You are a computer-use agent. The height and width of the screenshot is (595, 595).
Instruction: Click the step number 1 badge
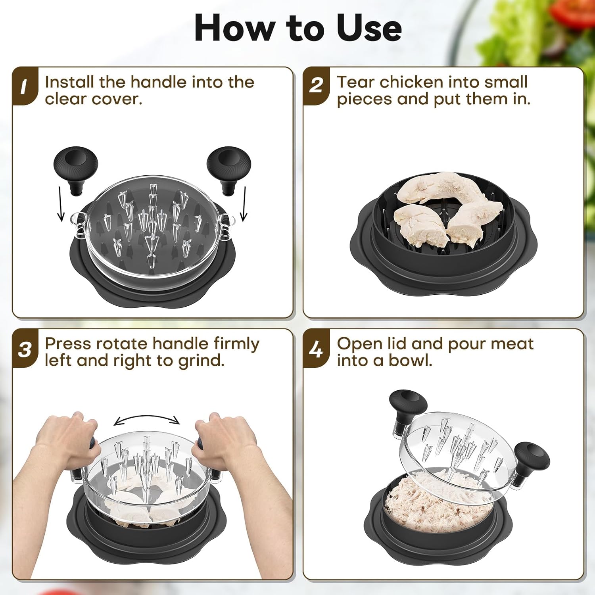[x=24, y=86]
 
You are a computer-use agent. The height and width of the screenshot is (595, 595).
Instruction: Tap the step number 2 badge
[x=316, y=86]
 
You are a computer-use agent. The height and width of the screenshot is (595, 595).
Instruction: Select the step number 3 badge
[x=25, y=349]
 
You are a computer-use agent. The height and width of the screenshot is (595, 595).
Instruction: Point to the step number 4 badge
[x=316, y=349]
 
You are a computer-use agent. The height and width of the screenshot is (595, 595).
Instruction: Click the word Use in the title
[x=369, y=29]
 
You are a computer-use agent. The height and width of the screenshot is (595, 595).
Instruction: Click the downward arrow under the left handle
[x=60, y=204]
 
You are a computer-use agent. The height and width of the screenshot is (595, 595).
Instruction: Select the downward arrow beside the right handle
[x=244, y=204]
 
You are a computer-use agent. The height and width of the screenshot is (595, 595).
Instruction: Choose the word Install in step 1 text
[x=69, y=82]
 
